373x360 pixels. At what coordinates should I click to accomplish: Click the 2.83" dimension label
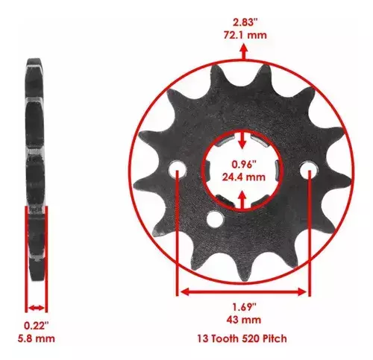click(x=245, y=22)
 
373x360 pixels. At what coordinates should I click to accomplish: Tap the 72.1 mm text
click(x=245, y=35)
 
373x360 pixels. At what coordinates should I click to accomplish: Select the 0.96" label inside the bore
click(x=244, y=165)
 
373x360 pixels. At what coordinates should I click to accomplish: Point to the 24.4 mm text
click(x=244, y=177)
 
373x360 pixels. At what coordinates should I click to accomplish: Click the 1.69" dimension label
click(x=244, y=307)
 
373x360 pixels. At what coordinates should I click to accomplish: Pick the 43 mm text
click(x=244, y=320)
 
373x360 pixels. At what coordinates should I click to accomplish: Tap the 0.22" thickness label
click(x=37, y=326)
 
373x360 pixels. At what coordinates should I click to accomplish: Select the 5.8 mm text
click(x=37, y=338)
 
